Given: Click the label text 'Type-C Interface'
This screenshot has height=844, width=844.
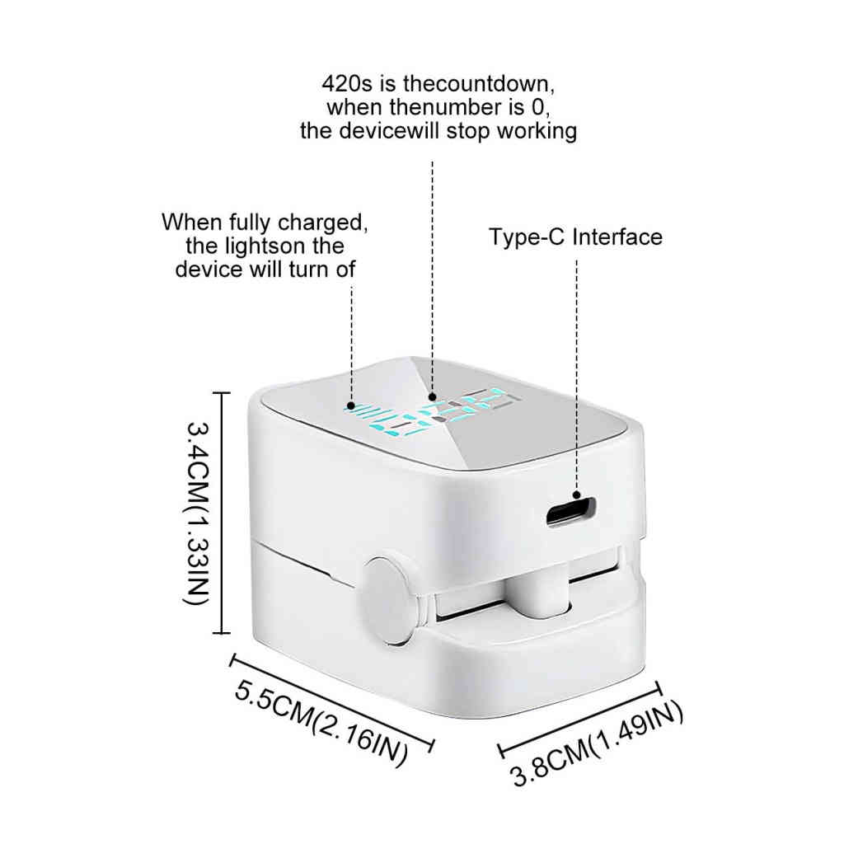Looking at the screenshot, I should point(575,237).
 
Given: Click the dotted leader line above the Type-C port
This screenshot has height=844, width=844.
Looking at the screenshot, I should point(576,371).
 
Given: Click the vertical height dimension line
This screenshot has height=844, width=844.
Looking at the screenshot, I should point(219,513).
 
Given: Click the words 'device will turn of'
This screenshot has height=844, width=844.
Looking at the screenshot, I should point(265,270).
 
